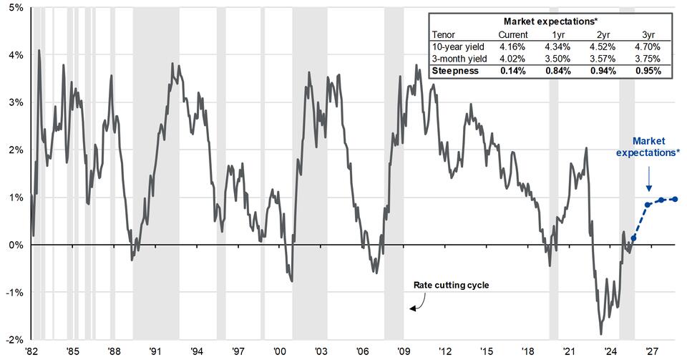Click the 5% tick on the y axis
click(x=14, y=7)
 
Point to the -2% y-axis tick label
click(x=13, y=339)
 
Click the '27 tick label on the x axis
click(x=652, y=351)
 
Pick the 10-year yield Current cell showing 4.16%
click(x=512, y=47)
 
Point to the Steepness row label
click(x=455, y=72)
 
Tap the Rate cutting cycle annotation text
click(x=451, y=285)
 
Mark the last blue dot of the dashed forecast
click(x=676, y=200)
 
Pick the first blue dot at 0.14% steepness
click(x=633, y=238)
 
